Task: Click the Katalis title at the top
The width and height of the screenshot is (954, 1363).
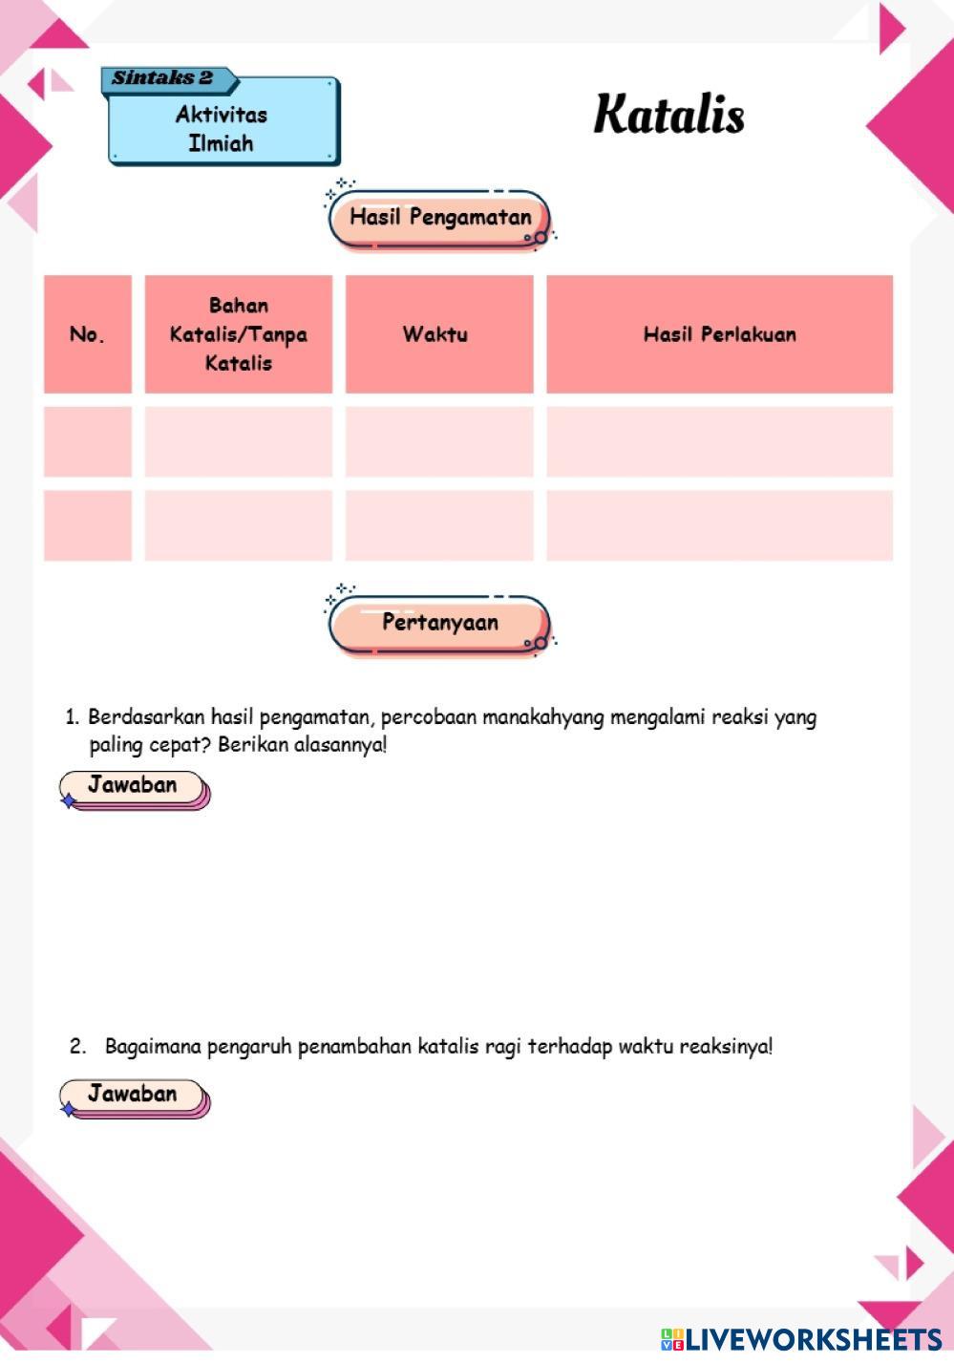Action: (x=668, y=114)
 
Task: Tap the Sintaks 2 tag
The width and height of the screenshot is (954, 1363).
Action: (x=162, y=78)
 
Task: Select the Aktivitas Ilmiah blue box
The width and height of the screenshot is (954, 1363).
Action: (x=222, y=129)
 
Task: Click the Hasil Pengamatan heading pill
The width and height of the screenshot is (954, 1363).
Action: (x=440, y=218)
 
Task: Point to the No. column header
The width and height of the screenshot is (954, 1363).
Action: (x=87, y=334)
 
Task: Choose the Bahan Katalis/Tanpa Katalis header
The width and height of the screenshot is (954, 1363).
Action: (x=239, y=334)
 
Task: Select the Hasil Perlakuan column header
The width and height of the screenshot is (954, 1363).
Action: (x=719, y=334)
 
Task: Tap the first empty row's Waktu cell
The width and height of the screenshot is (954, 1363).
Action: (x=439, y=441)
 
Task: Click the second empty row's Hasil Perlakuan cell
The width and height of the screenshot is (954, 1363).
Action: (x=719, y=525)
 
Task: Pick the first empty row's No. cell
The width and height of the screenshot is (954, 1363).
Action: (x=87, y=441)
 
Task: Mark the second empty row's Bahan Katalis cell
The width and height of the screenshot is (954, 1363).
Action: (x=239, y=525)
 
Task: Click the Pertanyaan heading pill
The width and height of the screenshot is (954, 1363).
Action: (x=440, y=623)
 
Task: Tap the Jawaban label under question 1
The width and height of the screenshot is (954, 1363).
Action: (x=133, y=786)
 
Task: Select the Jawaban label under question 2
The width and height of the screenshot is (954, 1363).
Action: (x=133, y=1095)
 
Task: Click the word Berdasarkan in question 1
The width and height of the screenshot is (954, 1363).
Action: (x=146, y=717)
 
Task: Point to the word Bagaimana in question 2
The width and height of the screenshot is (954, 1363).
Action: (x=153, y=1047)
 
